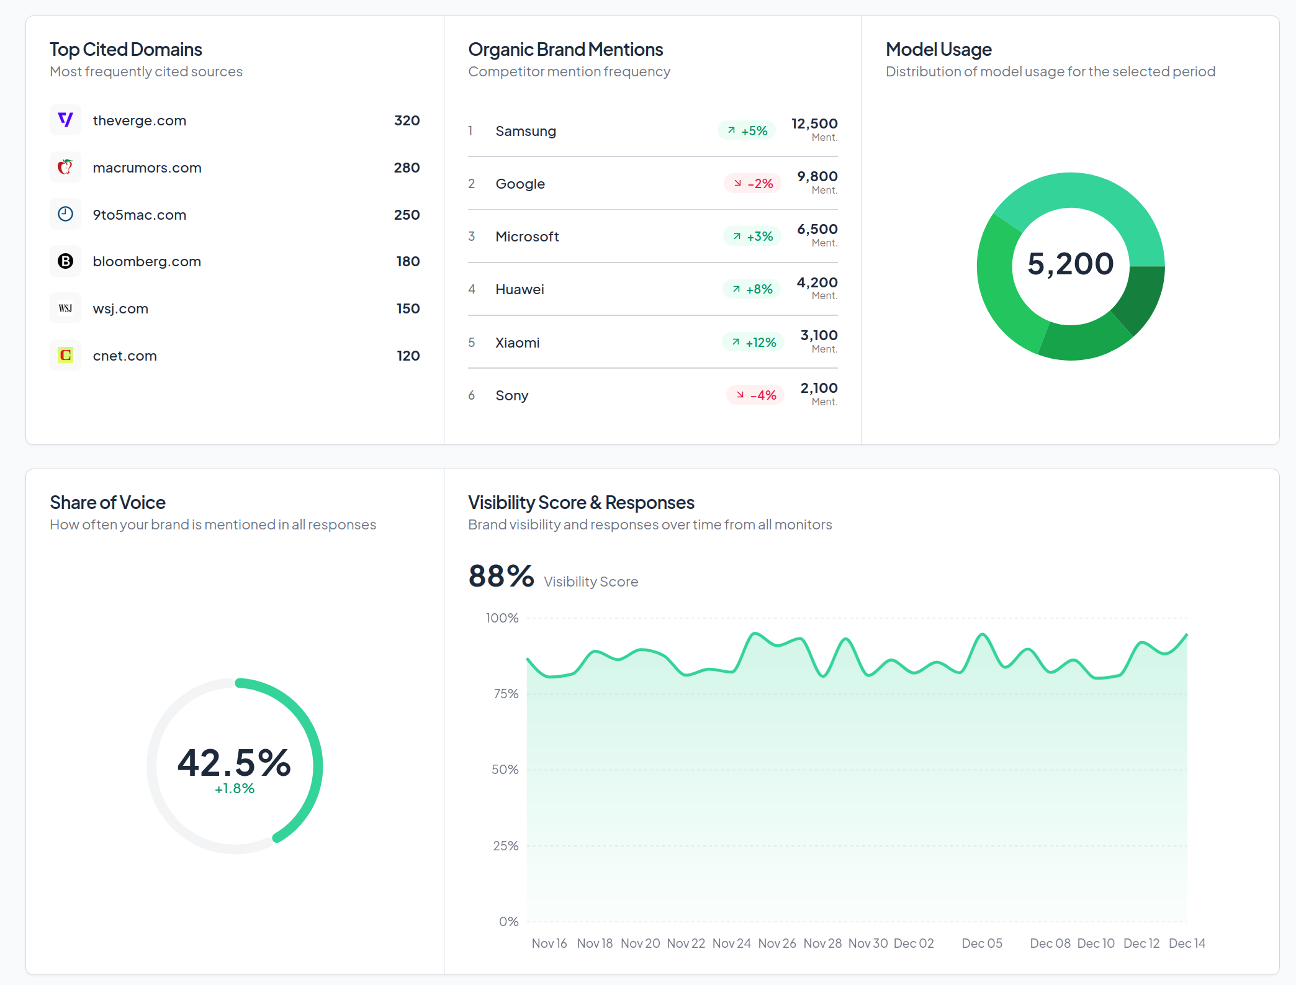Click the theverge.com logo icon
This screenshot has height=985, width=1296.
65,120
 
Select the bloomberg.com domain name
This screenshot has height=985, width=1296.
146,261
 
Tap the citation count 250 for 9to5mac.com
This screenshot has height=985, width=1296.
407,215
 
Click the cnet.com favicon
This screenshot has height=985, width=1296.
65,356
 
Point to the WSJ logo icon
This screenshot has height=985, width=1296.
65,308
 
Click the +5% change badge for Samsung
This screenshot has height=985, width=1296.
747,131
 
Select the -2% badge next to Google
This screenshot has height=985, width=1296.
753,184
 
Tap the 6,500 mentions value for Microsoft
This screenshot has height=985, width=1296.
817,230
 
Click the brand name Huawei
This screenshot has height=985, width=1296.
520,289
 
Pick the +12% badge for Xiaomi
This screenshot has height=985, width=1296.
754,343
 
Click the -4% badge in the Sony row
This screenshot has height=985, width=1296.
755,395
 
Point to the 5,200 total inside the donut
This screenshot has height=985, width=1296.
1070,264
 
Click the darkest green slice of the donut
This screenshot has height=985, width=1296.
1141,297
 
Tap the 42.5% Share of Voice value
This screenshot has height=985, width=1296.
234,762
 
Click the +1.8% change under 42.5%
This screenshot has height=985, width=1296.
235,788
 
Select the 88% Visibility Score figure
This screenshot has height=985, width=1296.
501,576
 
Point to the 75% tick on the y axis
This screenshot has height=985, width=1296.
506,694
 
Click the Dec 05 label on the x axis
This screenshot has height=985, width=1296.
982,943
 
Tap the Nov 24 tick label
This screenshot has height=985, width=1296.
731,943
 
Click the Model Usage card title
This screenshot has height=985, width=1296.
938,50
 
